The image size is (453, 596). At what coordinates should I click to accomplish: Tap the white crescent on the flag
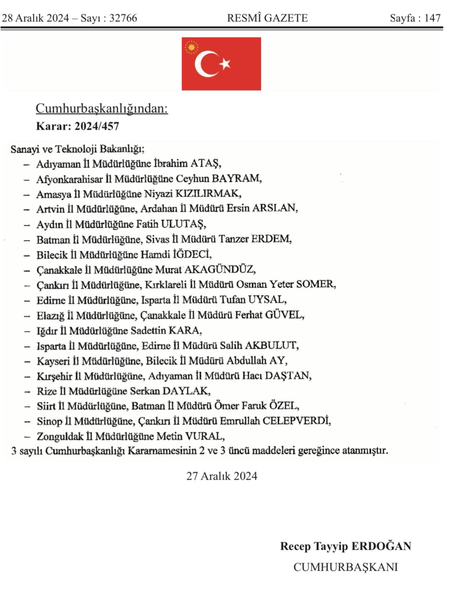click(x=203, y=64)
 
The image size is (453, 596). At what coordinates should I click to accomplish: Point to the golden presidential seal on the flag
click(x=192, y=48)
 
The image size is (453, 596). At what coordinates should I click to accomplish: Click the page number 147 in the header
click(x=432, y=18)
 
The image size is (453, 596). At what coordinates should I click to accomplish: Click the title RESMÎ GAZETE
click(x=267, y=18)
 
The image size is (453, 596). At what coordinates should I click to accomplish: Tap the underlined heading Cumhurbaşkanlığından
click(x=101, y=108)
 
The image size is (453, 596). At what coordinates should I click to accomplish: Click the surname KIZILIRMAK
click(x=208, y=194)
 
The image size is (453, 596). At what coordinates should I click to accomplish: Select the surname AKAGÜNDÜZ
click(x=219, y=269)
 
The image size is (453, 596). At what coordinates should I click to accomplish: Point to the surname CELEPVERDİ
click(x=296, y=421)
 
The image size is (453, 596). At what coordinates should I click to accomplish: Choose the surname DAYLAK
click(x=186, y=391)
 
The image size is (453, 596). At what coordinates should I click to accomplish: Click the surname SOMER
click(x=316, y=284)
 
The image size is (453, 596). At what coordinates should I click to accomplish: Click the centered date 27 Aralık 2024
click(x=221, y=476)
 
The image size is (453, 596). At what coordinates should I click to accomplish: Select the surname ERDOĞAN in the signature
click(x=381, y=546)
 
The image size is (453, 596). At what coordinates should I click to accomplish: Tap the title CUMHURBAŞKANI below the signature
click(x=345, y=567)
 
